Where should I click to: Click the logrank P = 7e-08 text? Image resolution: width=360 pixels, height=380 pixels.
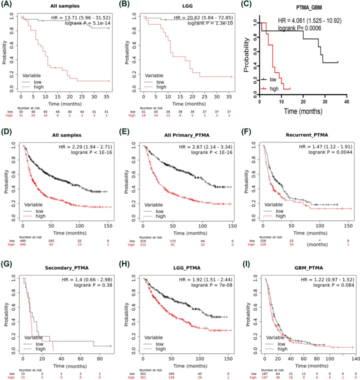point(208,270)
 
